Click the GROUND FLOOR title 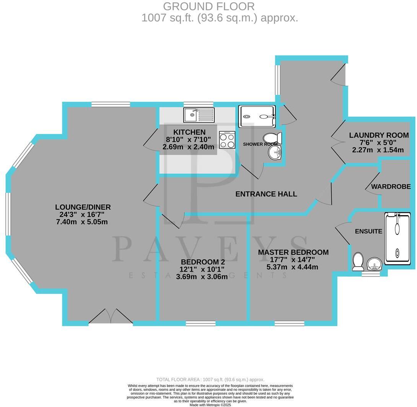[x=208, y=7]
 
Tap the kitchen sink [x=199, y=114]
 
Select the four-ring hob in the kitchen [x=227, y=140]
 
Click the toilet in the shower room [x=273, y=138]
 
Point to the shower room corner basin [x=275, y=153]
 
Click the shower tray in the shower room [x=257, y=116]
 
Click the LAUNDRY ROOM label [x=379, y=135]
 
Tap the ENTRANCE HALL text [x=266, y=194]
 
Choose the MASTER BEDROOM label [x=293, y=252]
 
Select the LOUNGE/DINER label [x=83, y=207]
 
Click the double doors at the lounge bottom [x=111, y=316]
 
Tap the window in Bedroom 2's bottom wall [x=200, y=324]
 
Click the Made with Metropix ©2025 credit [x=210, y=405]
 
